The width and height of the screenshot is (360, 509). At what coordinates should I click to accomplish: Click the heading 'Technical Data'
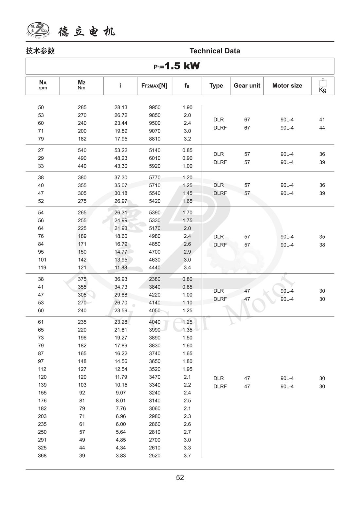215,51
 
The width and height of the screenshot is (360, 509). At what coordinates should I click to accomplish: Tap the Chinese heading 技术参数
40,51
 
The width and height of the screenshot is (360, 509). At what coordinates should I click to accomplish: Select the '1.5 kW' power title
177,66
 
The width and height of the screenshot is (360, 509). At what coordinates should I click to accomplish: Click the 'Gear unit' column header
247,86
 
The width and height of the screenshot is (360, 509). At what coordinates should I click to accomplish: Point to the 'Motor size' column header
287,86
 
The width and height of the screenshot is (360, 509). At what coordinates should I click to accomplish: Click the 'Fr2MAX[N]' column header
154,86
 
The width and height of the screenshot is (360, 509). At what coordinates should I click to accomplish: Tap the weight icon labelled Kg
323,86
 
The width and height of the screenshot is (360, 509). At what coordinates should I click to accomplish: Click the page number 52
180,478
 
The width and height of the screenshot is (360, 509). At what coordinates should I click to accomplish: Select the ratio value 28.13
121,107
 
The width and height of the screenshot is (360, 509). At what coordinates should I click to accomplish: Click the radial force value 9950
155,107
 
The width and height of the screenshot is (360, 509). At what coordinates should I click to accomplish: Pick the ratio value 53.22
121,150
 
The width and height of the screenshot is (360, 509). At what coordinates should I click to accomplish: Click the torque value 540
82,150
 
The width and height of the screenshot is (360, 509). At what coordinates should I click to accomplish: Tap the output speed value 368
42,456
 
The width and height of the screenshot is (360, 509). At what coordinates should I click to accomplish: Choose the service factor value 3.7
187,456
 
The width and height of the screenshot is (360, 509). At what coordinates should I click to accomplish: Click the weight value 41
322,120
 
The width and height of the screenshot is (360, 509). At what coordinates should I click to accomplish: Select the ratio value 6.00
121,424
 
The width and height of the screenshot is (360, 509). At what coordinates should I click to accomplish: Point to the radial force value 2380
155,279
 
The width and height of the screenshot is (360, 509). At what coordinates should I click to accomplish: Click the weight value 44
322,128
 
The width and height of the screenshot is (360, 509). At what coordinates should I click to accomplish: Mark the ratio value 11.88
121,268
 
